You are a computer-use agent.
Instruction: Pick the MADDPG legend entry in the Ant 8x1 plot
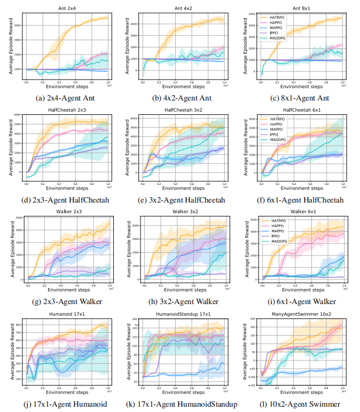(x=278, y=37)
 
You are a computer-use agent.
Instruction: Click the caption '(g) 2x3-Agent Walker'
(x=67, y=302)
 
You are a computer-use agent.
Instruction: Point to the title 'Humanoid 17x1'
(x=67, y=315)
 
